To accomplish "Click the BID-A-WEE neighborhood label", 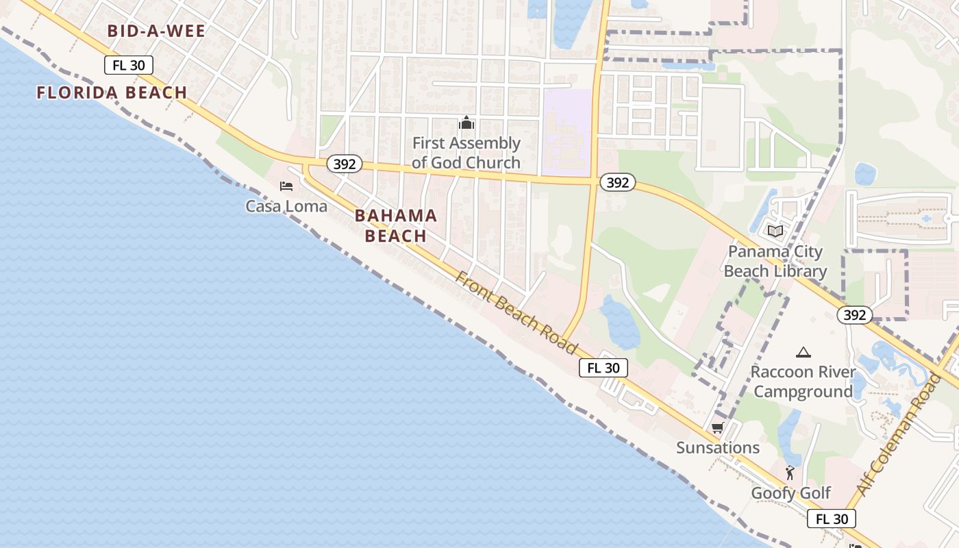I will click(x=157, y=31).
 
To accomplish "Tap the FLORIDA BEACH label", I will click(x=112, y=92).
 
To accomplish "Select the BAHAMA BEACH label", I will click(x=396, y=225).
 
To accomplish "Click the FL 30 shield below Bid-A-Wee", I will click(x=129, y=65).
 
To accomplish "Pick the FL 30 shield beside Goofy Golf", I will click(x=832, y=519).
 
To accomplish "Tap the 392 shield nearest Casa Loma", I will click(x=344, y=164).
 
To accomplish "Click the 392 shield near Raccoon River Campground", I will click(x=855, y=315).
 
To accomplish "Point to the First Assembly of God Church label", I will click(x=466, y=153).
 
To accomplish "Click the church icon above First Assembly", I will click(x=466, y=123).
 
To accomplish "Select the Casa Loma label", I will click(x=286, y=206).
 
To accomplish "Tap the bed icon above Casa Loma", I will click(x=286, y=186).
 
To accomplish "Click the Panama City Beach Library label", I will click(x=775, y=261).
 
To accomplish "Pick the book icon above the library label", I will click(x=775, y=232).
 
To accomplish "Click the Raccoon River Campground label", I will click(x=804, y=382).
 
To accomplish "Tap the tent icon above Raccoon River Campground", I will click(x=804, y=352).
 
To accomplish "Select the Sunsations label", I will click(x=718, y=447).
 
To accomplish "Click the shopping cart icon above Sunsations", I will click(x=717, y=428).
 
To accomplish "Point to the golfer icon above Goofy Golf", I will click(x=790, y=472).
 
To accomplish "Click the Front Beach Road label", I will click(x=516, y=312).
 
